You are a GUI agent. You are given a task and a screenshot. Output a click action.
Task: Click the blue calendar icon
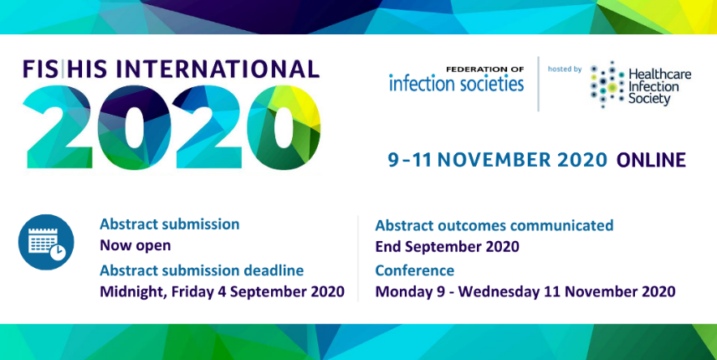click(x=46, y=242)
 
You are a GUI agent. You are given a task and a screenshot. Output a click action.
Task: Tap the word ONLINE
click(x=651, y=160)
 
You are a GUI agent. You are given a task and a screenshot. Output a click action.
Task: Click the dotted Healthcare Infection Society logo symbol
click(x=607, y=85)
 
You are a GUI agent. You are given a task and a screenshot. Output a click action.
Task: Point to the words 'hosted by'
click(x=565, y=69)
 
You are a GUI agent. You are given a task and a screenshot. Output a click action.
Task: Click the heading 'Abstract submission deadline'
click(x=202, y=270)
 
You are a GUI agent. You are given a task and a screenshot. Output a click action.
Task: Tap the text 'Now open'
click(x=136, y=245)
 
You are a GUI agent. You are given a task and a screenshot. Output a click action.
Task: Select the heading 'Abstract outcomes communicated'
click(x=494, y=225)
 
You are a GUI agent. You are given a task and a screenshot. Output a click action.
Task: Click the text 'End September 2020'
click(x=448, y=246)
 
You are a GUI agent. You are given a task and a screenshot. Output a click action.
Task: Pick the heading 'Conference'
click(x=415, y=270)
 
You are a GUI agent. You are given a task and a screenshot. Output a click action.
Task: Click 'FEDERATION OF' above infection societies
click(x=485, y=69)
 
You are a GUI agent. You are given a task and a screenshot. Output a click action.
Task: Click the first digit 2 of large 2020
click(x=58, y=127)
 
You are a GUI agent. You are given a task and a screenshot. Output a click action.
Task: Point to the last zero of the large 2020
click(x=284, y=127)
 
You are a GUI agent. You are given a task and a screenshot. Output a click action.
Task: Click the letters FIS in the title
click(x=40, y=69)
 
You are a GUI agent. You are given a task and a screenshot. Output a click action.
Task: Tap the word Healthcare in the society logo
click(x=660, y=75)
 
